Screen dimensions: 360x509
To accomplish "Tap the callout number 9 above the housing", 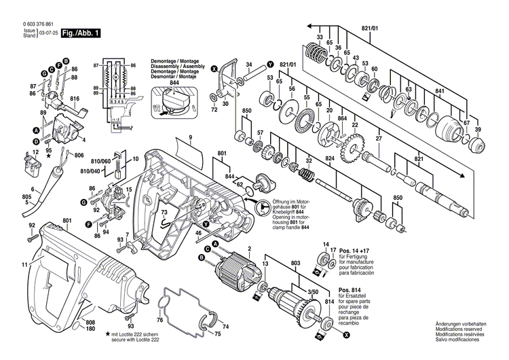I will pyautogui.click(x=191, y=139).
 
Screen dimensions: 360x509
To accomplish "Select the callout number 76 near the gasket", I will pyautogui.click(x=160, y=321).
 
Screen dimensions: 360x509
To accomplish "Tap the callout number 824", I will pyautogui.click(x=330, y=160).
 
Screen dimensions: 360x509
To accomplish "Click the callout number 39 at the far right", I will pyautogui.click(x=478, y=130).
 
